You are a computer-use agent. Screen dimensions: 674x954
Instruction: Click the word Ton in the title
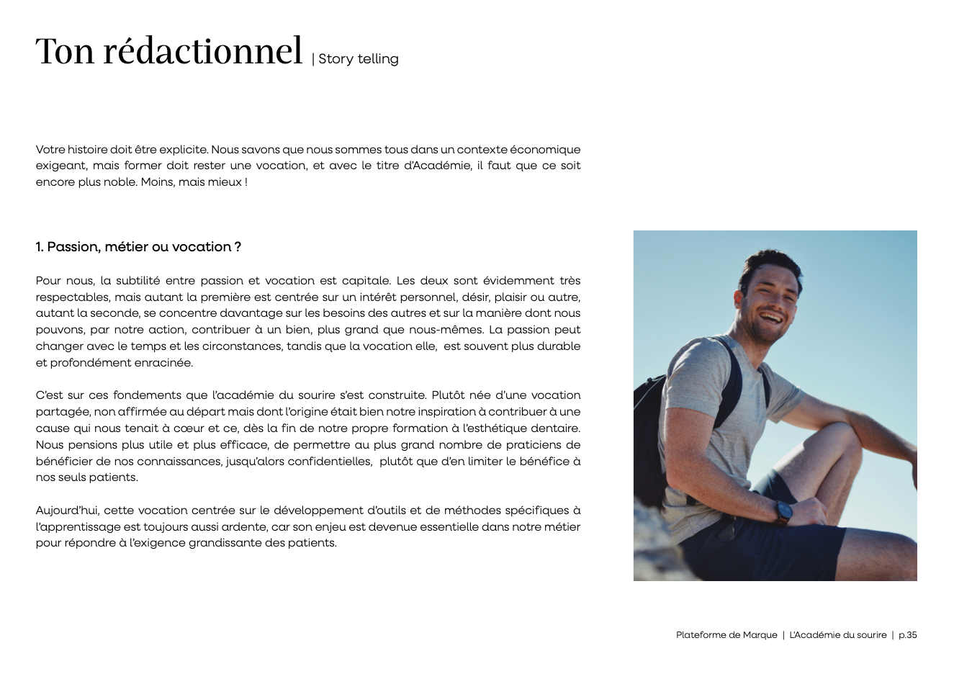point(65,51)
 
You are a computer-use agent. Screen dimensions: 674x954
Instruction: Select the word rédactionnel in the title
point(202,51)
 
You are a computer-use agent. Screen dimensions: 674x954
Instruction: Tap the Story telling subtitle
point(358,59)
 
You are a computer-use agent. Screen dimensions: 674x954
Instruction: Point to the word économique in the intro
point(545,150)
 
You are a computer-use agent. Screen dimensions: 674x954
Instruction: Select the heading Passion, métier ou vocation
point(138,247)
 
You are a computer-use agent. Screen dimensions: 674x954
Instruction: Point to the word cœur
point(190,428)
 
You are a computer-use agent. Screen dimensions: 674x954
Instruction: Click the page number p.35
point(907,635)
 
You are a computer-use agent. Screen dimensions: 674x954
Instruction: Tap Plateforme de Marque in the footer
point(726,635)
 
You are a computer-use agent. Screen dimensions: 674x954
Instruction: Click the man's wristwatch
point(783,512)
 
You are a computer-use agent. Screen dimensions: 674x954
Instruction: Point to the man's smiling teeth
point(770,316)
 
